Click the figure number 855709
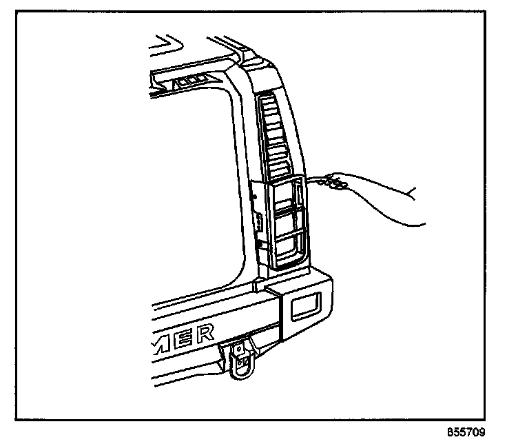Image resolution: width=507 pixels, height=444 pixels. [466, 432]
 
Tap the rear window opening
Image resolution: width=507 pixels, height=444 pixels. [186, 186]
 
